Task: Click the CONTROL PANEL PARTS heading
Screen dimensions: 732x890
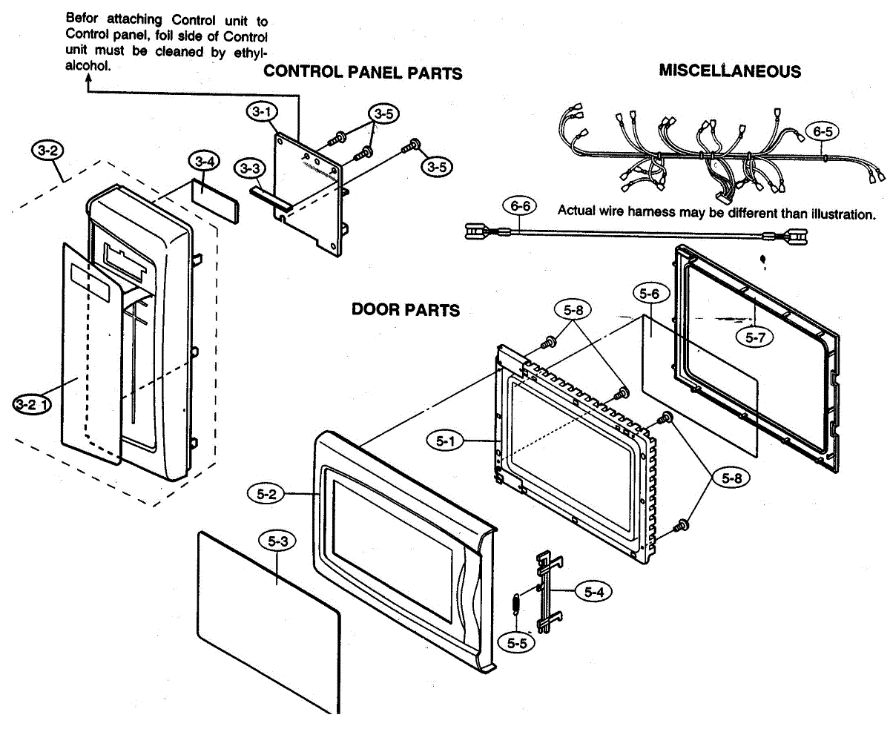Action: point(363,73)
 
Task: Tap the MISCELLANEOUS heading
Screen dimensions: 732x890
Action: point(730,71)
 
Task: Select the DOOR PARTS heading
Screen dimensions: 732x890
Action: point(406,309)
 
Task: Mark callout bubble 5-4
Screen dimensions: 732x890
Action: point(593,592)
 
